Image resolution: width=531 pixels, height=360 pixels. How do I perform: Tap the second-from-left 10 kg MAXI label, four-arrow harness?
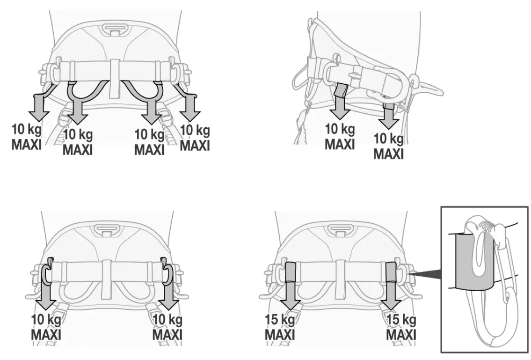pos(78,142)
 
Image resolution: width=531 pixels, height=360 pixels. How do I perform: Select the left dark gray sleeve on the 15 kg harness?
pos(290,272)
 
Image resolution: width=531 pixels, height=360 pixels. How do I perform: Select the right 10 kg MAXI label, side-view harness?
pos(388,146)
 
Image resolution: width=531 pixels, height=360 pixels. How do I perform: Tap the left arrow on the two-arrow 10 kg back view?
pos(47,295)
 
